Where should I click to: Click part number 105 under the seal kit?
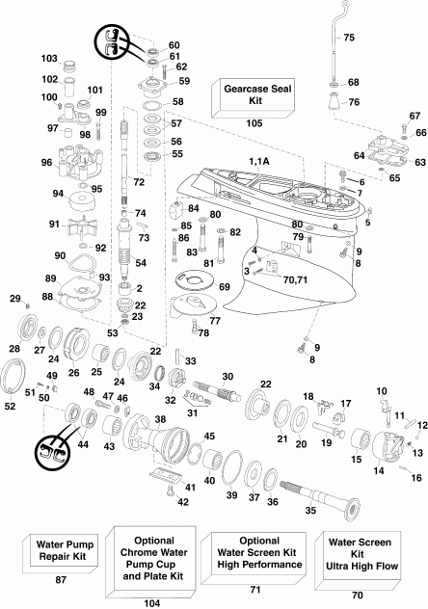[x=254, y=123]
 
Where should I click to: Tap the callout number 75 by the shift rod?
[x=349, y=37]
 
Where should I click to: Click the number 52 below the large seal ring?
[x=11, y=406]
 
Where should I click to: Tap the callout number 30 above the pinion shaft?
[x=227, y=376]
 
